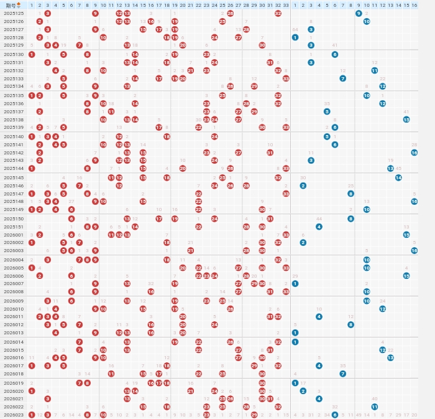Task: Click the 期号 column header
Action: pyautogui.click(x=13, y=5)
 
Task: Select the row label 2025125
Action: pyautogui.click(x=13, y=13)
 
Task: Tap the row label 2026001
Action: pyautogui.click(x=13, y=235)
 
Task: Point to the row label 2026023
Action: pyautogui.click(x=13, y=415)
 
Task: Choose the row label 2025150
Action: pyautogui.click(x=13, y=219)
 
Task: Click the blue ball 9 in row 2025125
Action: pyautogui.click(x=359, y=13)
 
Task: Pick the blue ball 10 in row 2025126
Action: pyautogui.click(x=367, y=21)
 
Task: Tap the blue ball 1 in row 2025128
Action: pyautogui.click(x=295, y=37)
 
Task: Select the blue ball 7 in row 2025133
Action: pyautogui.click(x=342, y=78)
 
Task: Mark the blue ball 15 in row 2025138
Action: pyautogui.click(x=406, y=120)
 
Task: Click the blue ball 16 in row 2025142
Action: pyautogui.click(x=414, y=153)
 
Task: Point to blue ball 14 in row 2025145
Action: pyautogui.click(x=398, y=177)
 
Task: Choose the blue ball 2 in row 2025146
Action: pyautogui.click(x=303, y=186)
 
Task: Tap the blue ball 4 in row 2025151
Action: pyautogui.click(x=319, y=227)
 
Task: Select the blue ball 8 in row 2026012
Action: pyautogui.click(x=350, y=324)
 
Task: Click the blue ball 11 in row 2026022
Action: pyautogui.click(x=375, y=407)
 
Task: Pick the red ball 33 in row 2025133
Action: pyautogui.click(x=286, y=78)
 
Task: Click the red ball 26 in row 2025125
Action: pyautogui.click(x=231, y=13)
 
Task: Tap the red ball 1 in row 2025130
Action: pyautogui.click(x=32, y=54)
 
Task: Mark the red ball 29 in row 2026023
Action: pyautogui.click(x=254, y=415)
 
